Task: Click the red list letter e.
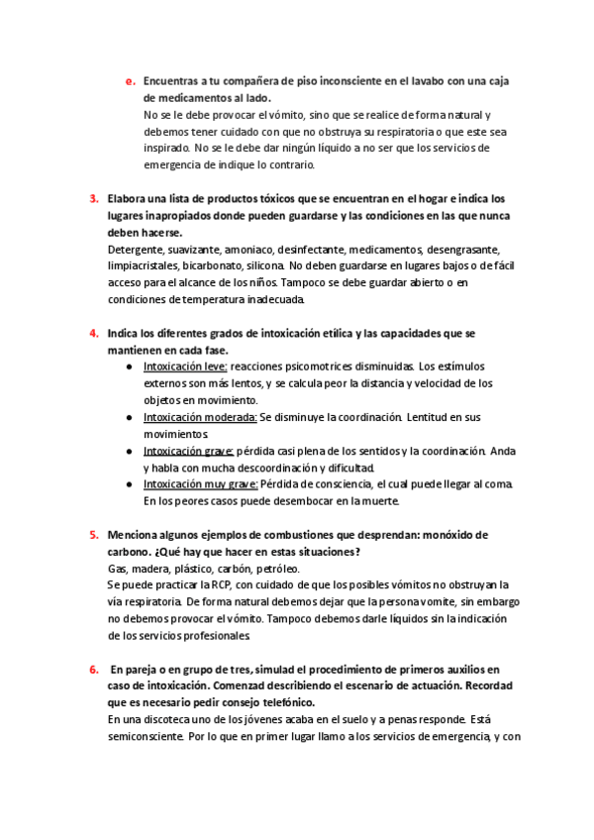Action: click(129, 81)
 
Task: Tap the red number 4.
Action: click(93, 333)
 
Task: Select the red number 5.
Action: click(93, 535)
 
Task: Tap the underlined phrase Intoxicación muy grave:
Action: click(201, 484)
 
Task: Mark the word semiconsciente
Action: click(148, 737)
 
